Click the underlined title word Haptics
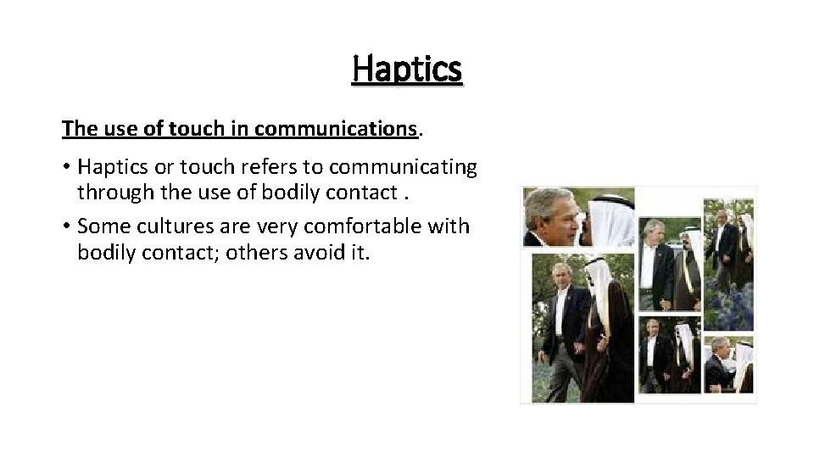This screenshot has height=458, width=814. pos(407,69)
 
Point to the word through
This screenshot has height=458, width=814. pos(109,193)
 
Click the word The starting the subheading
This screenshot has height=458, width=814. pos(76,129)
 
